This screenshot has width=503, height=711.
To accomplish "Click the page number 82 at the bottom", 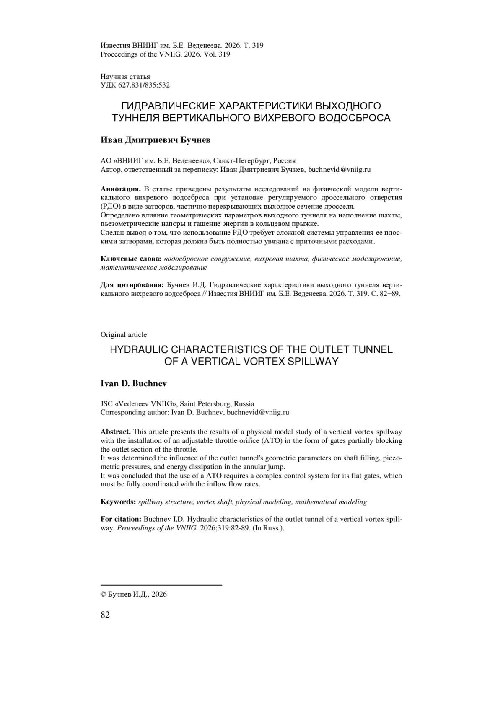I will click(x=105, y=615).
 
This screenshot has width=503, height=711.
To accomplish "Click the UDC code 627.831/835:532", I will click(x=135, y=85).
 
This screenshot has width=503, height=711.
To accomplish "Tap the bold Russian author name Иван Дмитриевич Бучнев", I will click(x=156, y=140).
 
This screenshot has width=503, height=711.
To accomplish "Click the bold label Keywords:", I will click(x=118, y=502).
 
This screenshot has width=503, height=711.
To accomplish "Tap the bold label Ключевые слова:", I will click(x=131, y=259).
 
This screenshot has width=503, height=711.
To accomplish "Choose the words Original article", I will click(x=124, y=334).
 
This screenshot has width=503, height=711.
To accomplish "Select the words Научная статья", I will click(x=125, y=77).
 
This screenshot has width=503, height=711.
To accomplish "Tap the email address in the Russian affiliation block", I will click(x=340, y=170).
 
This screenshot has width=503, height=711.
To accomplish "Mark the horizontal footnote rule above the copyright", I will click(x=161, y=584).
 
